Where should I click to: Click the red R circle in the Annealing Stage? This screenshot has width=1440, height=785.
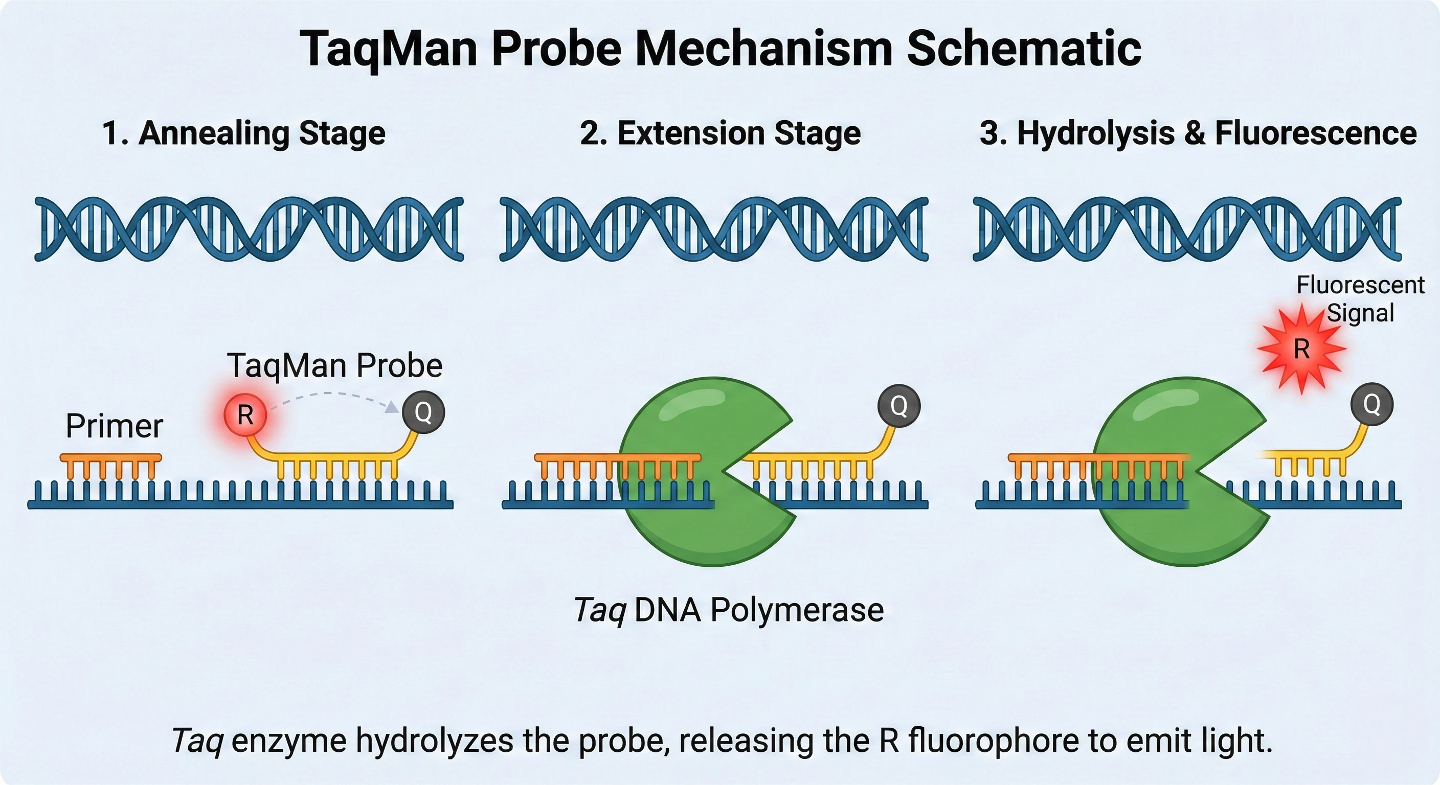[245, 414]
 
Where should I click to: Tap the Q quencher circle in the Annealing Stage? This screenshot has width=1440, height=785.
[423, 412]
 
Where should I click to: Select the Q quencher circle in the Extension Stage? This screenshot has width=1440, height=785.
[899, 406]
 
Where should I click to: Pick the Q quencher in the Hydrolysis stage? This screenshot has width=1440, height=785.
[1372, 404]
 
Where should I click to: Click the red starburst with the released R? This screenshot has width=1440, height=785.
[1301, 349]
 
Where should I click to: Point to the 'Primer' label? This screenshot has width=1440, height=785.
[114, 426]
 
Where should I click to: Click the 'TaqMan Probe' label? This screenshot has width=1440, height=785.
[334, 365]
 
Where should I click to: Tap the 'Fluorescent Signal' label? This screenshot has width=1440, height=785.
[1360, 299]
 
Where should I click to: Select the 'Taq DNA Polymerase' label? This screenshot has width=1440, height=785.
[728, 610]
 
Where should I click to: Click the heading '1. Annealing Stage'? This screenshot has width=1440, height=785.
[244, 133]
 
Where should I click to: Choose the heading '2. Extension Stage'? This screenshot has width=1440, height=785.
[720, 133]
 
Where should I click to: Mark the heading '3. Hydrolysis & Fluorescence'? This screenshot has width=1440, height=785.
[1198, 133]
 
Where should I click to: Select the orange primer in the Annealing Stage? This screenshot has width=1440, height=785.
[110, 464]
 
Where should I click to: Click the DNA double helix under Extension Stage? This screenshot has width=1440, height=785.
[714, 229]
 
